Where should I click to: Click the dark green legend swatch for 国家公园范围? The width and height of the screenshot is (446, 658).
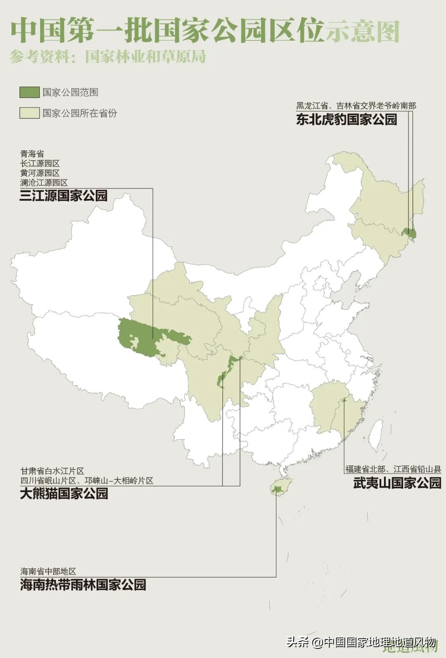(x=29, y=92)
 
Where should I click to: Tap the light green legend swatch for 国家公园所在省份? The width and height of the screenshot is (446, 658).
(x=29, y=113)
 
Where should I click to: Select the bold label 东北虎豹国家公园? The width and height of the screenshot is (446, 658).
(x=346, y=119)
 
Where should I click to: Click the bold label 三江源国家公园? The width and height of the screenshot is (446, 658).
(x=64, y=195)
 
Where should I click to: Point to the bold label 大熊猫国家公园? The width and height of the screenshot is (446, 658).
(x=64, y=493)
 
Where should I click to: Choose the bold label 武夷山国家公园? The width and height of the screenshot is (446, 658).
(x=397, y=483)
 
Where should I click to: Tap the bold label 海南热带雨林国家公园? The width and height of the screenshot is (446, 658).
(x=83, y=585)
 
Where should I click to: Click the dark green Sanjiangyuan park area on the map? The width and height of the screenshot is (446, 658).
(x=140, y=336)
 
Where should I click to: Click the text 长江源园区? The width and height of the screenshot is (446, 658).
(x=40, y=163)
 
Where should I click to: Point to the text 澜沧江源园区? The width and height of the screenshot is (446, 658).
(x=44, y=182)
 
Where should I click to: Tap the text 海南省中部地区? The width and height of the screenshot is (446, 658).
(x=48, y=571)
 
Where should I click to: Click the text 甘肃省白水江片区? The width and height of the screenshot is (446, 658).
(x=52, y=471)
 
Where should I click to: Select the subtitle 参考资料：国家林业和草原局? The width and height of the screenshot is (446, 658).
(x=107, y=56)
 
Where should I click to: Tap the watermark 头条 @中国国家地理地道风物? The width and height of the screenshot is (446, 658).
(x=361, y=643)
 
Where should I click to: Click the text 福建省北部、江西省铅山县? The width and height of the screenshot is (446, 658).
(x=393, y=469)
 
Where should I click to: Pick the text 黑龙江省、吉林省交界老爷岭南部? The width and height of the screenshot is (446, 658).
(x=356, y=106)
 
